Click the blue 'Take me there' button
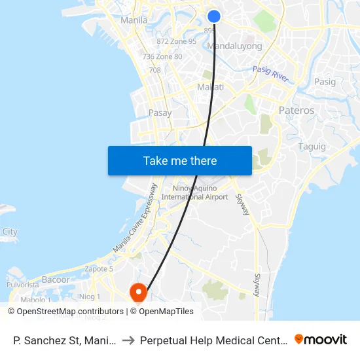[180, 160]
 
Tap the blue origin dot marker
[214, 17]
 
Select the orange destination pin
[138, 291]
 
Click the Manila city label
[134, 20]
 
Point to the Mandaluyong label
[234, 46]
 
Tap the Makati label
[211, 87]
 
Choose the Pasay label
[160, 113]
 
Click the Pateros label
[297, 110]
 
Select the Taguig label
[312, 146]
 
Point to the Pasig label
[325, 82]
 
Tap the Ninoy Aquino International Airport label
[194, 192]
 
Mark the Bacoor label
[56, 279]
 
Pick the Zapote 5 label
[99, 268]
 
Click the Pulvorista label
[24, 285]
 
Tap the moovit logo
[321, 339]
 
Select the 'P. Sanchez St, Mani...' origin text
[65, 340]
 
